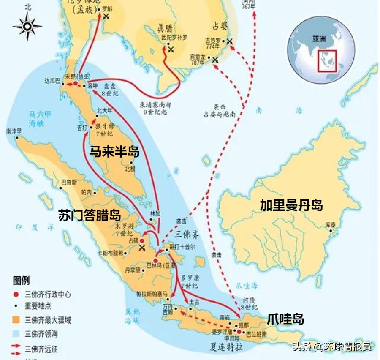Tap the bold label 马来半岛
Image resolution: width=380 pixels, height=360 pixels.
[x=114, y=151]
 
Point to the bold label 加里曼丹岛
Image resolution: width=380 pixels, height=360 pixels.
[x=291, y=205]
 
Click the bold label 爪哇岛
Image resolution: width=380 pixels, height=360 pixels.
[x=285, y=319]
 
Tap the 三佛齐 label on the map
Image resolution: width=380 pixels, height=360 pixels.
[x=187, y=233]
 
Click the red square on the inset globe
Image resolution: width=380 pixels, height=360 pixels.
[x=327, y=61]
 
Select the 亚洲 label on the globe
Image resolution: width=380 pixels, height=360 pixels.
[x=319, y=39]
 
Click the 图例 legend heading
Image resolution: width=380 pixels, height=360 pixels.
[x=21, y=281]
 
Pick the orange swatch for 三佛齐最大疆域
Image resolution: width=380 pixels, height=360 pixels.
[x=16, y=320]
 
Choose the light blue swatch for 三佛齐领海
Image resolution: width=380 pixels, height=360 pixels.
[x=16, y=334]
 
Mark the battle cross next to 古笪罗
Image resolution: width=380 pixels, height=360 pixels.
[x=229, y=41]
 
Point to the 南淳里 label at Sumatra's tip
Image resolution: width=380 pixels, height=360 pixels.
[x=14, y=131]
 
